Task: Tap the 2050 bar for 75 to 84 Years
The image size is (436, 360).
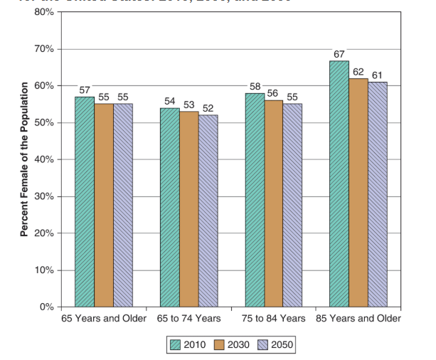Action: pyautogui.click(x=292, y=206)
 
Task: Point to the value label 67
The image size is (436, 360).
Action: pyautogui.click(x=339, y=54)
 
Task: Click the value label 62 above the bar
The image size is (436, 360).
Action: pyautogui.click(x=358, y=72)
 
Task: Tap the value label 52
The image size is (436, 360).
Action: pyautogui.click(x=208, y=108)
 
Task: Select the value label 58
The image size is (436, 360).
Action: pyautogui.click(x=255, y=87)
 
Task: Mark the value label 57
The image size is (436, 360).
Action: pyautogui.click(x=85, y=90)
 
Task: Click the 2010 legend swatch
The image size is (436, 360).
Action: pyautogui.click(x=176, y=345)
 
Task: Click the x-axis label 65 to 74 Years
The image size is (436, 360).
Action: pyautogui.click(x=188, y=318)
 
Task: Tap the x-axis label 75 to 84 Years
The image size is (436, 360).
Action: pyautogui.click(x=273, y=318)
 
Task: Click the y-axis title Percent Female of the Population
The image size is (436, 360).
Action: pyautogui.click(x=23, y=159)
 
